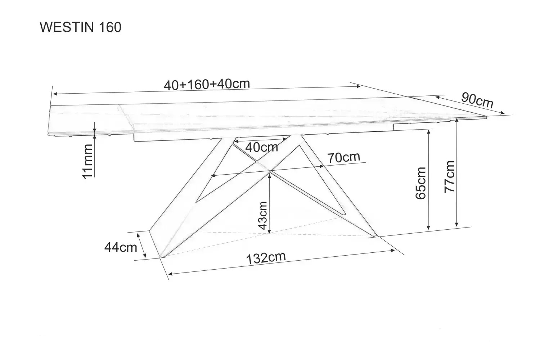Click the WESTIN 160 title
point(81,27)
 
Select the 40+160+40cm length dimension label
point(207,84)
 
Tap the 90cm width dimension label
point(477,100)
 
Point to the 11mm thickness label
point(87,161)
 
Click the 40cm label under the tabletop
point(262,147)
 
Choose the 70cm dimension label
point(343,157)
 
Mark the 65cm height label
point(421,183)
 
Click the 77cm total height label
point(449,177)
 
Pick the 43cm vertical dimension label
point(262,215)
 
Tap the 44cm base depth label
point(121,247)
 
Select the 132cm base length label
point(266,258)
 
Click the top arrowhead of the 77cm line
point(456,121)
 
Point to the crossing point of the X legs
point(270,171)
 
